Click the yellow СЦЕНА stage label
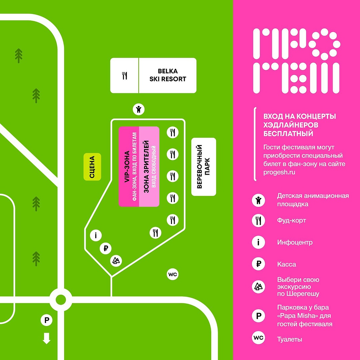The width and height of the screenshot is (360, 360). (x=92, y=167)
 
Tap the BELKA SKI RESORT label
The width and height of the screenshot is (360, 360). (x=168, y=75)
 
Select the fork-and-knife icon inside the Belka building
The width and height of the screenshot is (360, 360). (x=125, y=76)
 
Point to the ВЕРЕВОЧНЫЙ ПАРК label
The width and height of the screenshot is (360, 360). (x=204, y=167)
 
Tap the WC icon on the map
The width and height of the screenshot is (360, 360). (x=172, y=274)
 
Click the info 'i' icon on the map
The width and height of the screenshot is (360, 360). (x=96, y=235)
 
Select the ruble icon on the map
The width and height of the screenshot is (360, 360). (x=106, y=248)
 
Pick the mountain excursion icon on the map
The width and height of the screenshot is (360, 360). (x=116, y=261)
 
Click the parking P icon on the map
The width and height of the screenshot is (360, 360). (x=47, y=320)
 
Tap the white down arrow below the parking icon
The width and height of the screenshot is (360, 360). (x=47, y=338)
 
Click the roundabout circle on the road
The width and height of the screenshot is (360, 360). (x=61, y=299)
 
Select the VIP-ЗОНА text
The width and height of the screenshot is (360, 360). (x=127, y=167)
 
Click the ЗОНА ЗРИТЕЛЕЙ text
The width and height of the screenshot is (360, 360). (x=146, y=167)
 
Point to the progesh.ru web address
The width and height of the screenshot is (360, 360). (x=279, y=172)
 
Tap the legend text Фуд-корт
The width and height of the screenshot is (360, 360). (x=291, y=220)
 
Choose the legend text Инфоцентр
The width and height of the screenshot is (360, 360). (x=295, y=242)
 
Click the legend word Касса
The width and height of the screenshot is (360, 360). (x=287, y=264)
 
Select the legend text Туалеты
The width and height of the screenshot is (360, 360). (x=290, y=339)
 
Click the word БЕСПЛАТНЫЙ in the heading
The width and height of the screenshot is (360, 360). (x=288, y=133)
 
